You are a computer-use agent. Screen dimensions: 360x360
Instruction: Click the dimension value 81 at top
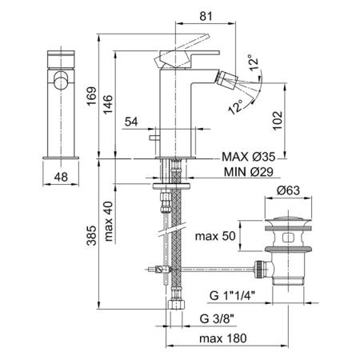click(206, 16)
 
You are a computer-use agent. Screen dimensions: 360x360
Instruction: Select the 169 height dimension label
click(91, 96)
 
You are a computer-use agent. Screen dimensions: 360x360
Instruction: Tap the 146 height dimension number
click(108, 105)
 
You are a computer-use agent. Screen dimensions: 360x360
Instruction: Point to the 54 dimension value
click(131, 122)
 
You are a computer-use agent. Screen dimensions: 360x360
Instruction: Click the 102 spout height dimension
click(278, 120)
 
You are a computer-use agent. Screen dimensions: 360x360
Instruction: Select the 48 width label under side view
click(61, 177)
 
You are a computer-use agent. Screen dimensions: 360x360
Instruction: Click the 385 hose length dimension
click(91, 235)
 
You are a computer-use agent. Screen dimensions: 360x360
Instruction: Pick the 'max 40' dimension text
click(109, 222)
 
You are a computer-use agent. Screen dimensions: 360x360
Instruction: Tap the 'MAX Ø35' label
click(248, 157)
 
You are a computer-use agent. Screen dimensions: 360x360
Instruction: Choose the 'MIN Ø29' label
click(249, 172)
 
